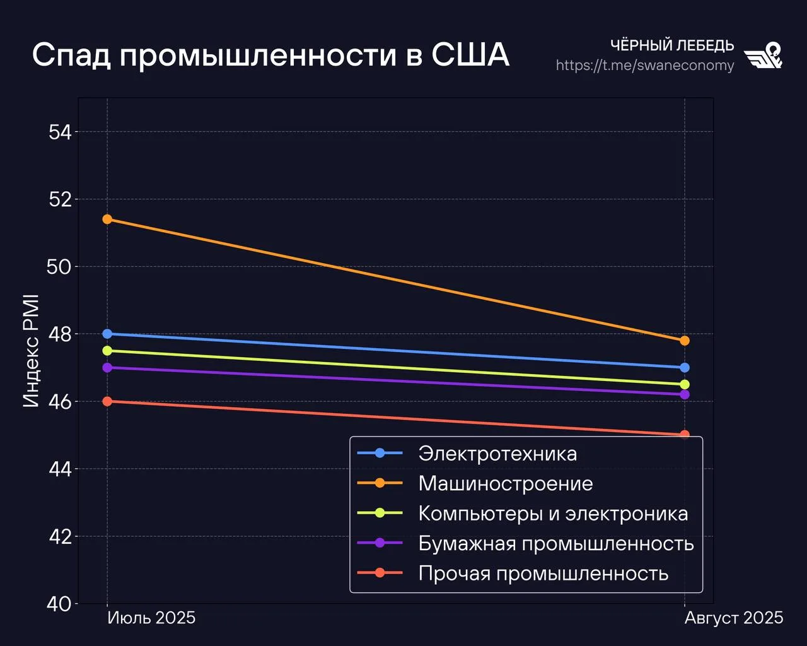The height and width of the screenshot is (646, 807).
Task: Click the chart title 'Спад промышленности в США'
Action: [270, 56]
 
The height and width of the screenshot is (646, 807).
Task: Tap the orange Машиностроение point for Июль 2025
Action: [107, 220]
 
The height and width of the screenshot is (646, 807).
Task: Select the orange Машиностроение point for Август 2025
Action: [685, 341]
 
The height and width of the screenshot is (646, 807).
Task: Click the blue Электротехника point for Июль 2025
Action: [107, 334]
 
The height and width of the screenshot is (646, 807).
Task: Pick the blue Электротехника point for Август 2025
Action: [685, 368]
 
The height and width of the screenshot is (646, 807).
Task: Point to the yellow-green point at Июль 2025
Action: [107, 351]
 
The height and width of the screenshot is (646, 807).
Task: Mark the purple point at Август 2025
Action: [685, 394]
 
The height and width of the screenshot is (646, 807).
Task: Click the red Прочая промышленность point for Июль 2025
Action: [107, 401]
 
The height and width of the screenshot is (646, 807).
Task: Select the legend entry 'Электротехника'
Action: [497, 454]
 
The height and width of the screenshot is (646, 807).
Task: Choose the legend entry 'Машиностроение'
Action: [506, 484]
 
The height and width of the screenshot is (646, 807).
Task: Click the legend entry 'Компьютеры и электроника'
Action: [553, 514]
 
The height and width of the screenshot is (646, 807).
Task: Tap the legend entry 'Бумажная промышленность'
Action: [556, 544]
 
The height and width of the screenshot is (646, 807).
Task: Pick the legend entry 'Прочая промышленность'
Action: [543, 573]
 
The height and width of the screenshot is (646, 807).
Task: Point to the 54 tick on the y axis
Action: [60, 132]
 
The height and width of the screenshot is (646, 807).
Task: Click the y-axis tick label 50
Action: [60, 267]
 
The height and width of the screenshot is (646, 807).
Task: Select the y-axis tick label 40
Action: [60, 604]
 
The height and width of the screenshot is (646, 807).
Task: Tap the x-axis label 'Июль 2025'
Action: [151, 618]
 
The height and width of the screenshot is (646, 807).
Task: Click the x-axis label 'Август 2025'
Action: [734, 618]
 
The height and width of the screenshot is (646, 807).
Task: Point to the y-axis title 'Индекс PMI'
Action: [32, 351]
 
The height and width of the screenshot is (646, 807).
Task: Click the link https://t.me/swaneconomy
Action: [645, 66]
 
